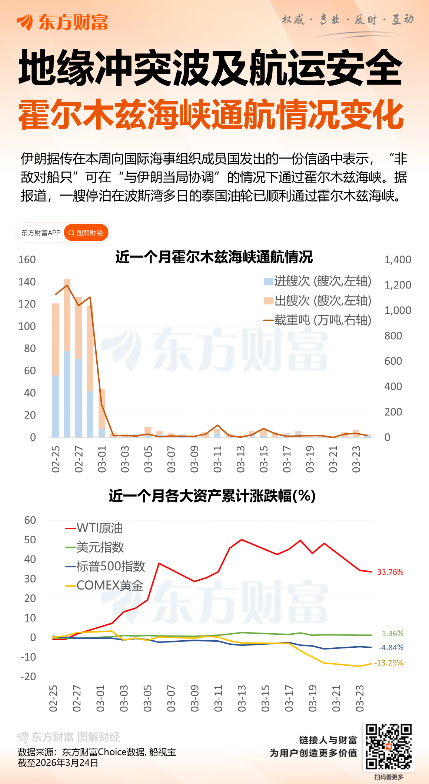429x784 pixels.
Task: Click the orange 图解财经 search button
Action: click(x=86, y=233)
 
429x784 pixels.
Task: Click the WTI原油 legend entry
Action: click(x=94, y=528)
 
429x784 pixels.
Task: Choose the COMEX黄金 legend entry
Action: click(x=104, y=586)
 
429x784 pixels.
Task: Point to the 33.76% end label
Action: click(x=390, y=572)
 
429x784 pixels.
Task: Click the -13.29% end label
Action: click(x=389, y=663)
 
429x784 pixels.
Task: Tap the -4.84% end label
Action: click(x=391, y=648)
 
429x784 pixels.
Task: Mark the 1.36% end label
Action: click(x=392, y=634)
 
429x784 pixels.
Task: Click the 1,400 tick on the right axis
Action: click(x=398, y=260)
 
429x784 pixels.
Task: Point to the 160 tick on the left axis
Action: click(x=27, y=260)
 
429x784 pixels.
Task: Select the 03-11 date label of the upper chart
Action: click(x=217, y=459)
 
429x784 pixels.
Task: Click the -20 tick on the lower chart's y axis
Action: click(x=28, y=677)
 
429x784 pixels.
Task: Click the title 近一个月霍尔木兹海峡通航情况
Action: click(x=214, y=257)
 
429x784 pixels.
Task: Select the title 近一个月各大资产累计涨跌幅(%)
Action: click(x=212, y=496)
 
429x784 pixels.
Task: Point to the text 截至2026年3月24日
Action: click(x=58, y=763)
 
